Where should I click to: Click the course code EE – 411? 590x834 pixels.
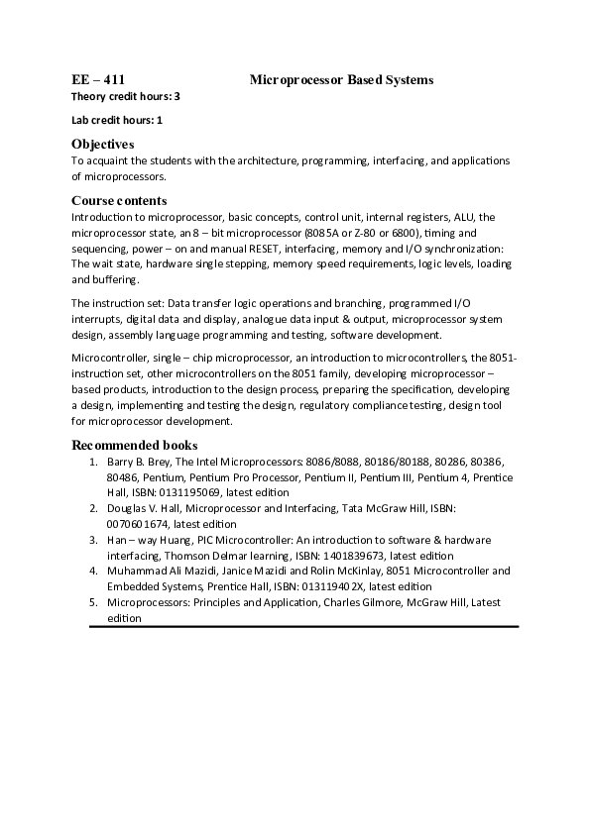pyautogui.click(x=98, y=78)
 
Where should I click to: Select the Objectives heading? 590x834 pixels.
pyautogui.click(x=103, y=144)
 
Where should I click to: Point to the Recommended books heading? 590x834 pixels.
pyautogui.click(x=134, y=445)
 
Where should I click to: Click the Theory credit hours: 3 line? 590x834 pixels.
pyautogui.click(x=126, y=96)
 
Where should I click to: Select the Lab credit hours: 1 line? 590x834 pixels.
pyautogui.click(x=117, y=120)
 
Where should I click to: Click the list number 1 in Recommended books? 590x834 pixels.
pyautogui.click(x=92, y=461)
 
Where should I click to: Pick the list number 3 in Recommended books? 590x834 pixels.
pyautogui.click(x=92, y=540)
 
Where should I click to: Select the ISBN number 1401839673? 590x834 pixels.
pyautogui.click(x=352, y=556)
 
